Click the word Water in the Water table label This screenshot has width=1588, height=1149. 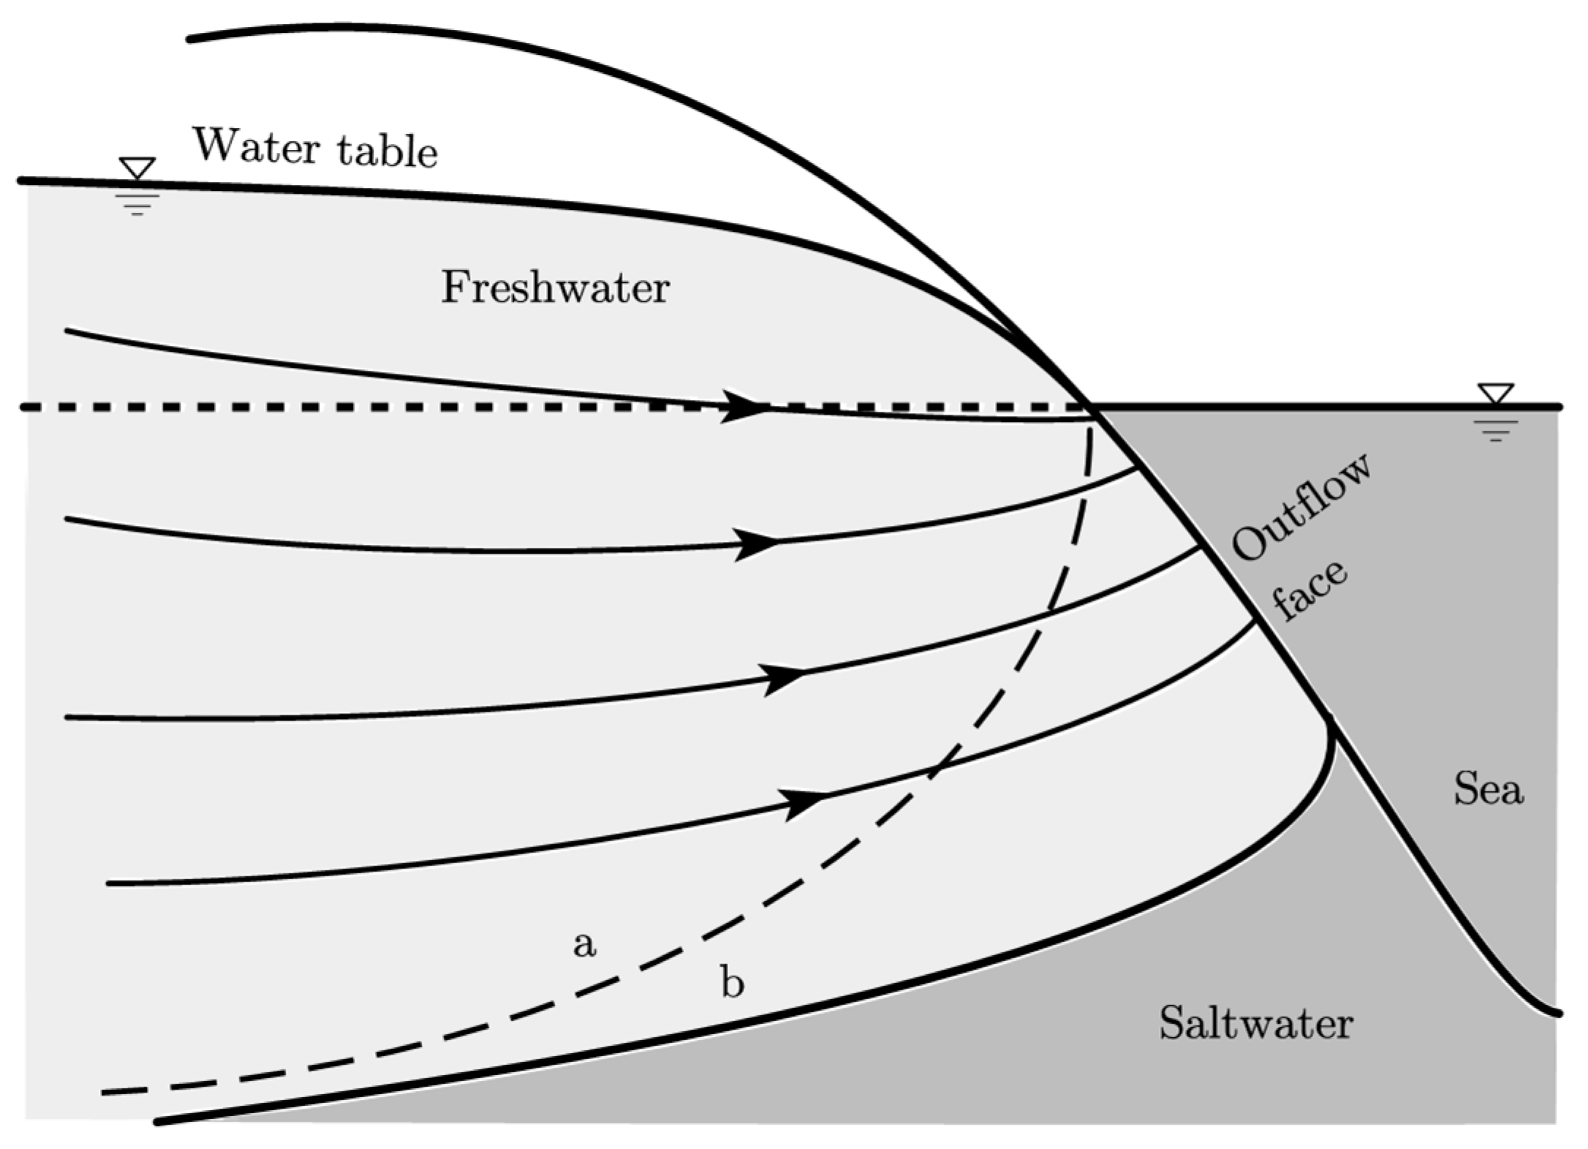[x=255, y=147]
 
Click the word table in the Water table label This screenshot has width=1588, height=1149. [x=387, y=151]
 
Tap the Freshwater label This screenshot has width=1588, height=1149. [x=555, y=287]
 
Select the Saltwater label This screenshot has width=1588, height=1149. [x=1255, y=1022]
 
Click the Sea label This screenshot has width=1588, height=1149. [x=1488, y=790]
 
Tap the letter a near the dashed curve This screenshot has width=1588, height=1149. [x=583, y=944]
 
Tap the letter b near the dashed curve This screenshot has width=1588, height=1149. [x=733, y=982]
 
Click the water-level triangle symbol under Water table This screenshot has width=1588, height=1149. [x=137, y=168]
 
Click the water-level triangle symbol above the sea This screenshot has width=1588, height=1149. [x=1495, y=393]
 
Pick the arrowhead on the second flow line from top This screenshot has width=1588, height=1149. [x=757, y=544]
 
